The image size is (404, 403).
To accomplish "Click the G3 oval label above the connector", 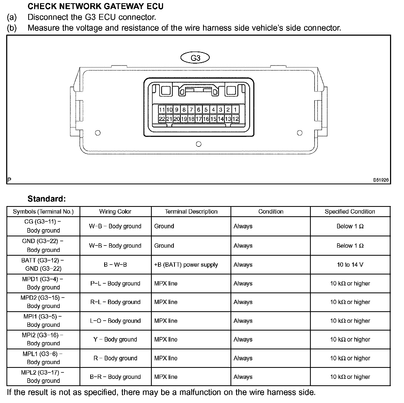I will [195, 58].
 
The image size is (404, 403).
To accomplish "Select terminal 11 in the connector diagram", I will [162, 109].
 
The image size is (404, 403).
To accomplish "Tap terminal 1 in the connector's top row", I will [235, 109].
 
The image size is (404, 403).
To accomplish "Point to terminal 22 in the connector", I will [162, 119].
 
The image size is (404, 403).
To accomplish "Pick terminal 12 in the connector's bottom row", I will [235, 119].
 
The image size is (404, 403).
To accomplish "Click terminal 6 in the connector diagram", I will [199, 109].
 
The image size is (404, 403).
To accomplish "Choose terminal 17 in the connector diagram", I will [199, 119].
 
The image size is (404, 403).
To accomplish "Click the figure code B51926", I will [381, 180].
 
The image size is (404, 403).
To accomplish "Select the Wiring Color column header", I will [115, 212].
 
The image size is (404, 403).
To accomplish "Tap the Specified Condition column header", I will [350, 212].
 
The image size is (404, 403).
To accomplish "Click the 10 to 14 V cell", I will [350, 265].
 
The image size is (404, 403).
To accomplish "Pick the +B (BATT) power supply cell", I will [186, 265].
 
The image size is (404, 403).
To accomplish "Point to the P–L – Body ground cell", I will [115, 284].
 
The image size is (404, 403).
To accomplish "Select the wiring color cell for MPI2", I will [115, 340].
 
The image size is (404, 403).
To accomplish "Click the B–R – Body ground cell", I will [115, 377].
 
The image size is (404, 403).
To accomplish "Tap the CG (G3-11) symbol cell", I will [43, 226].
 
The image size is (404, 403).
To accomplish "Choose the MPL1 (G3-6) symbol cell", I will [43, 358].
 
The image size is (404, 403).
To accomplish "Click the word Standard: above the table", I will [46, 199].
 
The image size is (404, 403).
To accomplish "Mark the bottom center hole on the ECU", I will [199, 144].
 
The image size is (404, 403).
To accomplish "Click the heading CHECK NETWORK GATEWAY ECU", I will [95, 6].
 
